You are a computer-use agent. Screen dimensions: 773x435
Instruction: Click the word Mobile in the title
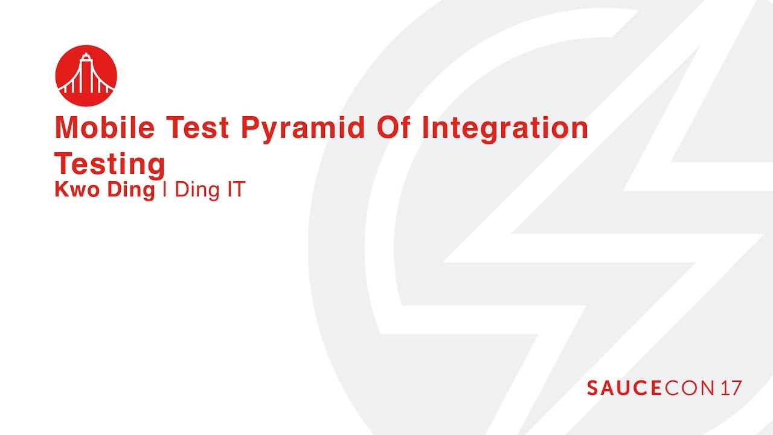click(x=104, y=127)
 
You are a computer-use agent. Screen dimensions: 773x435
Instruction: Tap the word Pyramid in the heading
click(x=303, y=129)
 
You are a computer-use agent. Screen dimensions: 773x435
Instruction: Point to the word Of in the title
click(x=393, y=127)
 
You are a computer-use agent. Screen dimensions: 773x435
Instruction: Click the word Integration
click(x=505, y=129)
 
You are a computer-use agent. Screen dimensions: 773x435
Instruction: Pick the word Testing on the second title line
click(x=110, y=166)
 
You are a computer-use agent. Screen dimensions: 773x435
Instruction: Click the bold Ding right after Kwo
click(x=131, y=190)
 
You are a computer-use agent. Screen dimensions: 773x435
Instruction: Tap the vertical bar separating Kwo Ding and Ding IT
click(x=165, y=189)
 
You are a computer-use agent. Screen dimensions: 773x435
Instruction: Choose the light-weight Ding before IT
click(x=197, y=190)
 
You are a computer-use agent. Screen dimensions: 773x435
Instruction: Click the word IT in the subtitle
click(x=236, y=190)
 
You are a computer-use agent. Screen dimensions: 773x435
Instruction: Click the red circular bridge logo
click(x=86, y=76)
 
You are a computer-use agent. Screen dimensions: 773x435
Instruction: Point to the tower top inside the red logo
click(x=86, y=55)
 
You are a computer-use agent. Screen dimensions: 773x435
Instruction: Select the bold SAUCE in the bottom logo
click(x=624, y=388)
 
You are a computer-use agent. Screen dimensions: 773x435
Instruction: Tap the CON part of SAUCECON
click(x=689, y=388)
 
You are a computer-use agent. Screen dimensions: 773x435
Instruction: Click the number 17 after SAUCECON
click(x=731, y=388)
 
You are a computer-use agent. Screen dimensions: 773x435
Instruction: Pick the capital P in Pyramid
click(x=250, y=127)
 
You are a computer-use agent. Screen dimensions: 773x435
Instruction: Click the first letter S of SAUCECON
click(x=593, y=388)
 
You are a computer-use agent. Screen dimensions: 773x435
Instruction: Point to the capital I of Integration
click(x=425, y=127)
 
